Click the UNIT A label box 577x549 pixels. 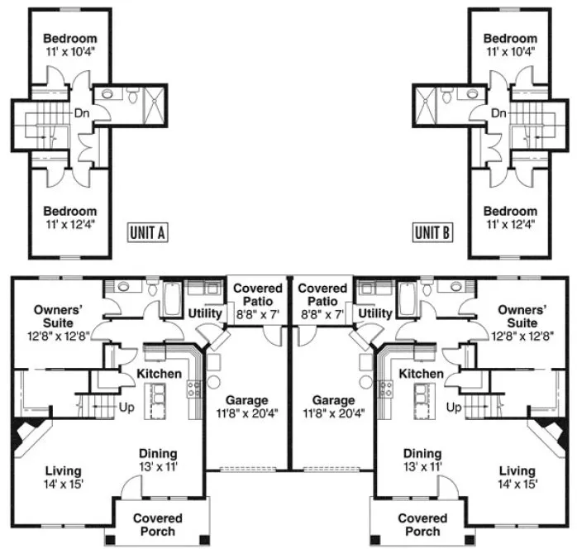coord(148,232)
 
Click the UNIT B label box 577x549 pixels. coord(432,232)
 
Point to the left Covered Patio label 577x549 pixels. coord(257,302)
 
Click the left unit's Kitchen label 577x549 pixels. coord(159,374)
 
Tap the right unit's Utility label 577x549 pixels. coord(375,313)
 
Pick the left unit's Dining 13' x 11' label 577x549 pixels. coord(157,460)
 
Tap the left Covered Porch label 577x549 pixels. coord(157,524)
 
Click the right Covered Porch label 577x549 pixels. coord(422,524)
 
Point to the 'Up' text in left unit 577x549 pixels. coord(127,408)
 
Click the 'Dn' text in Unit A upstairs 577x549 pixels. coord(81,113)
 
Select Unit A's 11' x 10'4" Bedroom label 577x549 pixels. coord(69,45)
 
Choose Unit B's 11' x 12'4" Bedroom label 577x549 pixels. coord(509,217)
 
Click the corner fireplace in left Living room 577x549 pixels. coord(30,436)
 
